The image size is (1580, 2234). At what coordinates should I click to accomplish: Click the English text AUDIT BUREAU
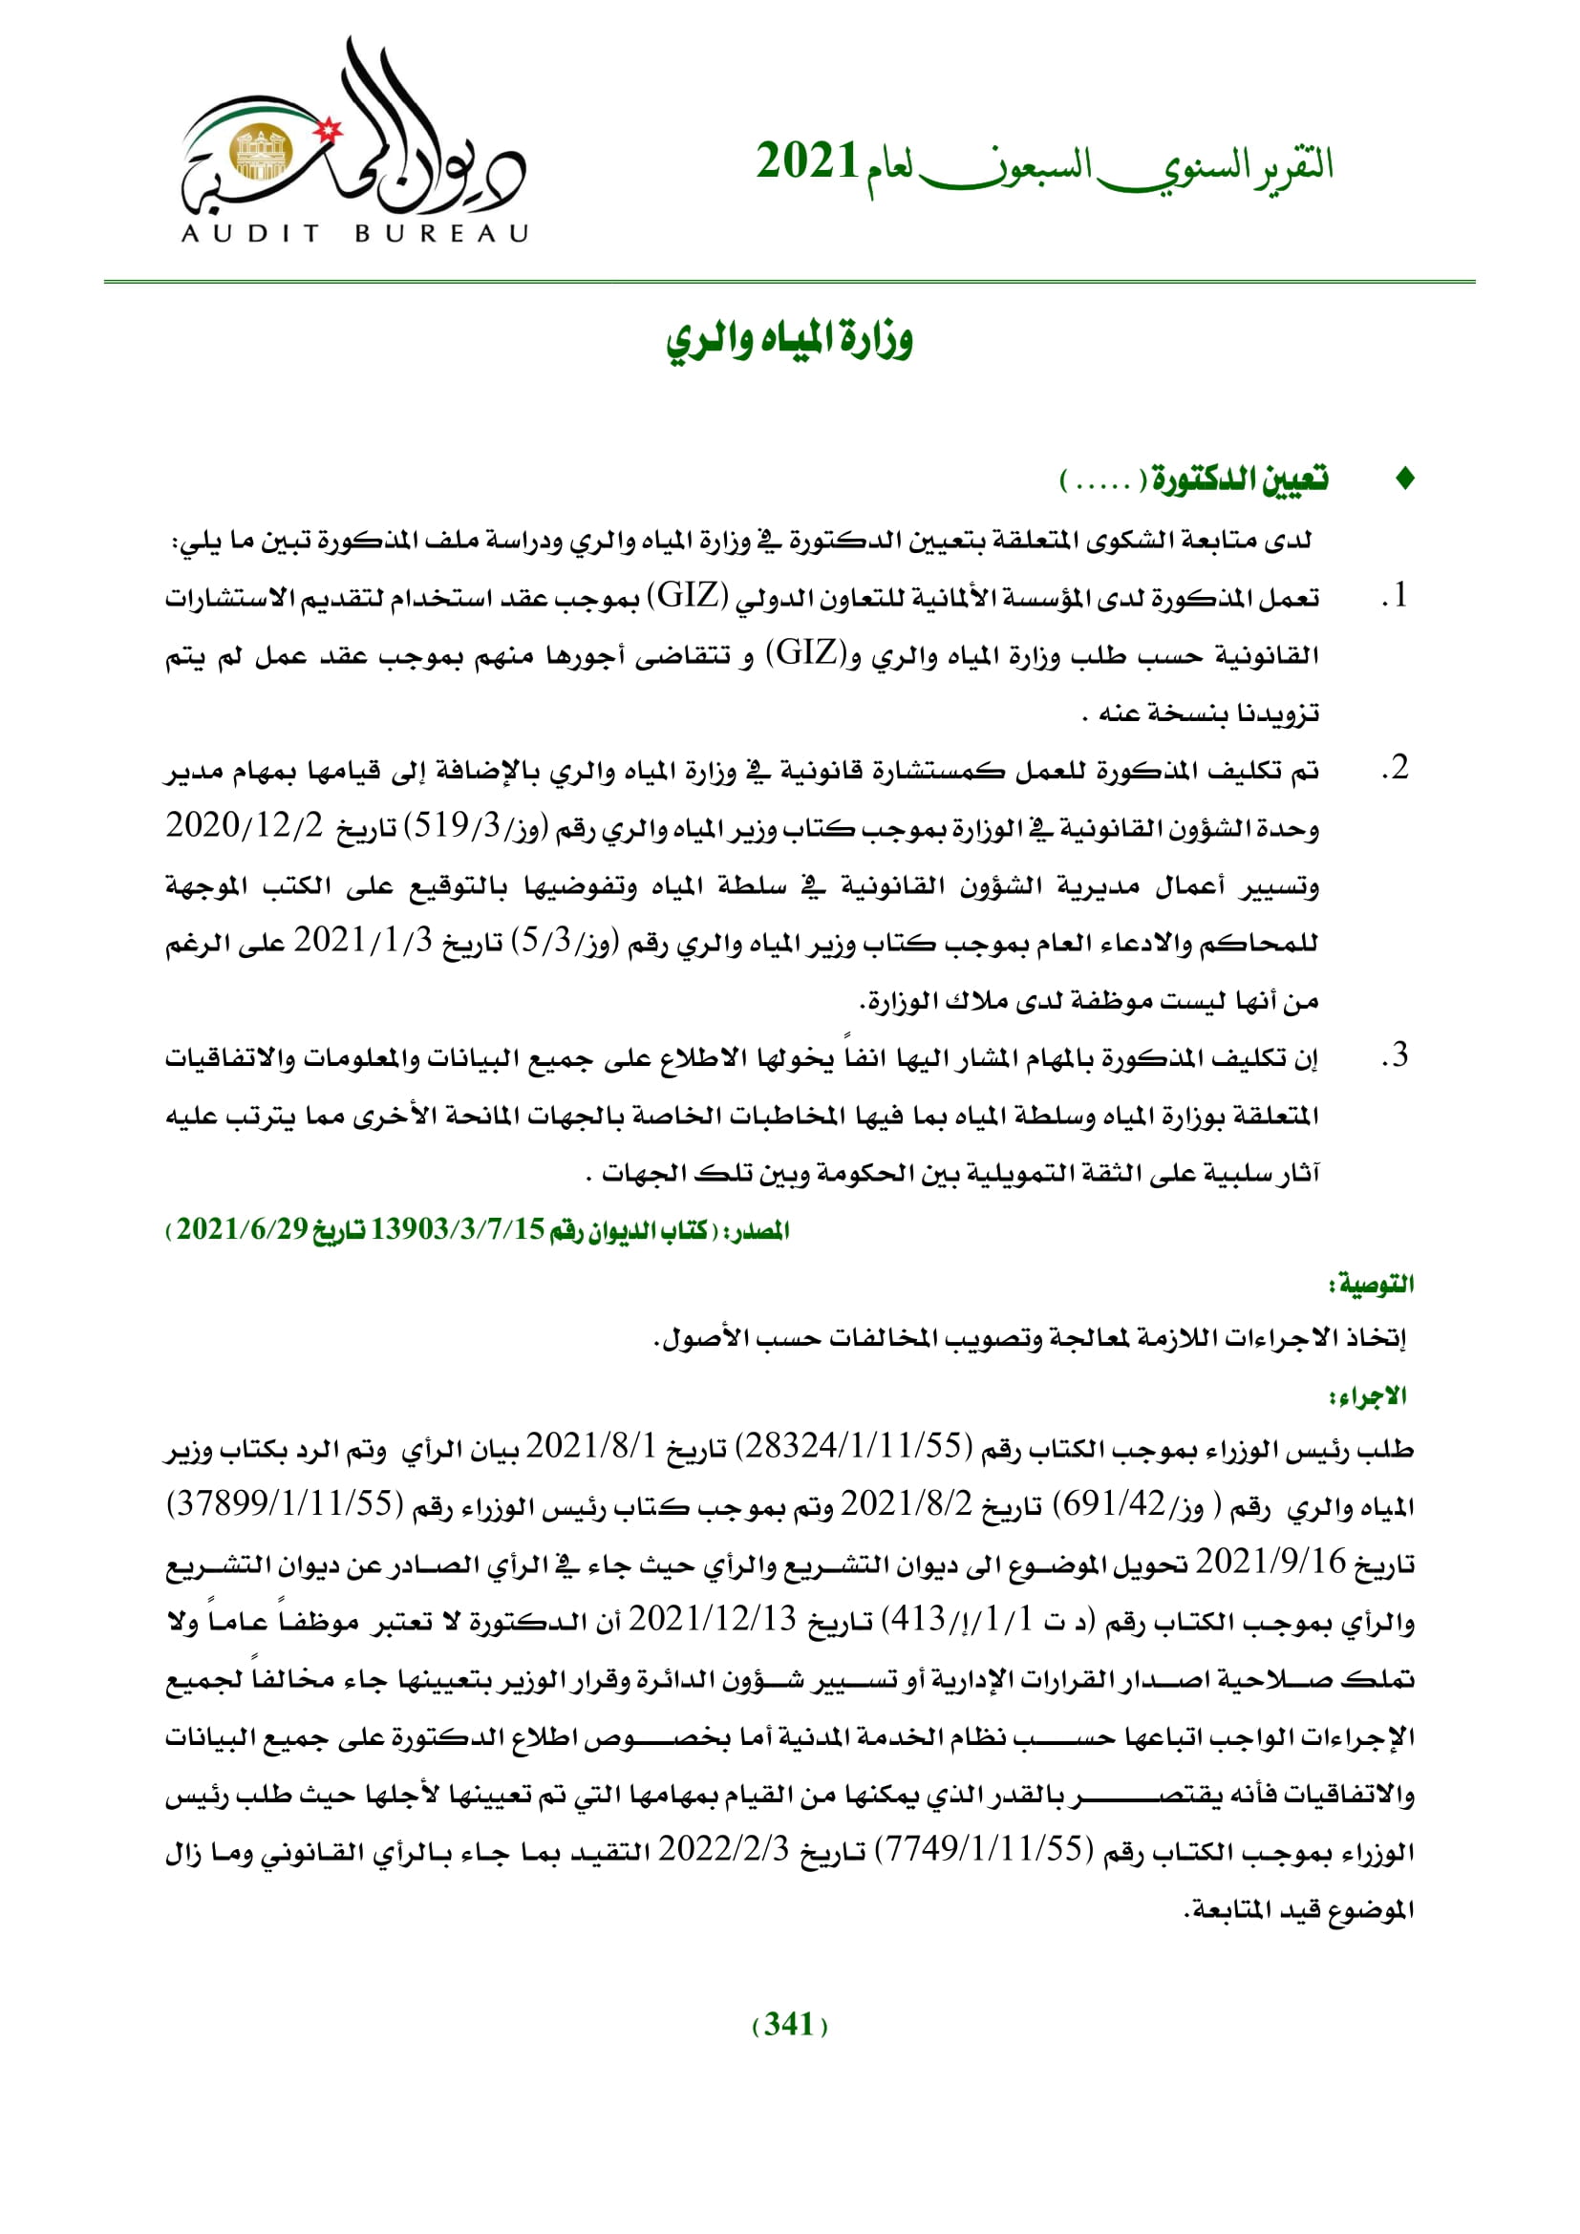click(x=354, y=233)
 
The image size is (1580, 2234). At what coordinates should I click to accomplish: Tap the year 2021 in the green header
click(x=806, y=161)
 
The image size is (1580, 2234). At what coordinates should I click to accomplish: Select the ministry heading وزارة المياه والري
click(x=789, y=340)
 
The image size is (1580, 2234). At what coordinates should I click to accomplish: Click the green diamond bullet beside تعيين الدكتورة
click(x=1404, y=479)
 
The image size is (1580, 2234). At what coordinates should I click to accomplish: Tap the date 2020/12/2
click(x=245, y=826)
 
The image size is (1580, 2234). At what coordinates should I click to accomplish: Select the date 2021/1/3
click(x=363, y=941)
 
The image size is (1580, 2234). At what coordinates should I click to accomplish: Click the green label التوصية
click(x=1371, y=1286)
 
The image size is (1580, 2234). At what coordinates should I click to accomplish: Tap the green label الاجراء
click(x=1369, y=1397)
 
